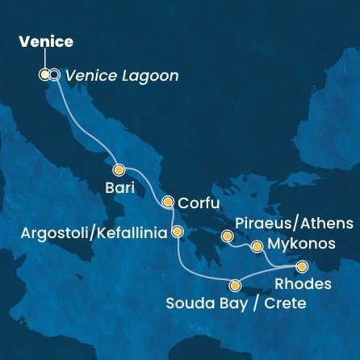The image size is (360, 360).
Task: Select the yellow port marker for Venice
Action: point(44,75)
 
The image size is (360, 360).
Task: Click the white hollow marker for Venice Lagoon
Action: point(54,75)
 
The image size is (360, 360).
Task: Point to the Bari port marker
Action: point(119,170)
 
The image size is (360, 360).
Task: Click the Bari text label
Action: point(120,190)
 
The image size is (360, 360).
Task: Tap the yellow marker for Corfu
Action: point(168,202)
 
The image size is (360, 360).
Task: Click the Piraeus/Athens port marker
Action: point(228,237)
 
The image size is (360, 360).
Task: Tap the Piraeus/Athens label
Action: point(294,222)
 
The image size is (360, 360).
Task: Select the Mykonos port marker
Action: point(257,246)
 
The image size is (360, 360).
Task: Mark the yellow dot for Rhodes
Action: point(302,266)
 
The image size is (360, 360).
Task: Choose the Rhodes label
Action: point(303,284)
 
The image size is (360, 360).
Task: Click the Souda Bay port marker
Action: point(235,285)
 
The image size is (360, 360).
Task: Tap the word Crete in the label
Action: point(287,305)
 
